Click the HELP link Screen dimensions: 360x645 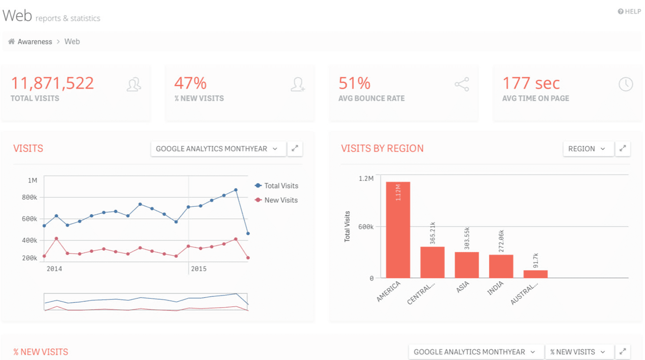tap(629, 12)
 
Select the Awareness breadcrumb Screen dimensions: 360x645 tap(34, 42)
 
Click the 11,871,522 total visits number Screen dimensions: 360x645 tap(52, 83)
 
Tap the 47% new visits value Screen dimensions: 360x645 tap(190, 83)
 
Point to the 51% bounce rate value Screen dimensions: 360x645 tap(354, 83)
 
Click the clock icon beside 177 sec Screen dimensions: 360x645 tap(625, 84)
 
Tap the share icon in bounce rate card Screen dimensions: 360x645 tap(461, 84)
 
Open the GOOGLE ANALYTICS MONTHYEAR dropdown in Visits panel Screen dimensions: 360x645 tap(217, 149)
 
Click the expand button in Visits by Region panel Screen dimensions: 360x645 tap(622, 149)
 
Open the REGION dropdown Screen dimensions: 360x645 tap(587, 149)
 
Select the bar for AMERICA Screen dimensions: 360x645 tap(398, 230)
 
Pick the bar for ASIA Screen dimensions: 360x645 tap(466, 265)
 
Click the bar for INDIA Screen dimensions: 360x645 tap(501, 266)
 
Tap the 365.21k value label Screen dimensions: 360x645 tap(433, 233)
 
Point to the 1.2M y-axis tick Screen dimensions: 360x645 tap(366, 179)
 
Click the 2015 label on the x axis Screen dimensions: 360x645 tap(199, 269)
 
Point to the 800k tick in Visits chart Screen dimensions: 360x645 tap(30, 197)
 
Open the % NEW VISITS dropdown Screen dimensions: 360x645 tap(578, 352)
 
